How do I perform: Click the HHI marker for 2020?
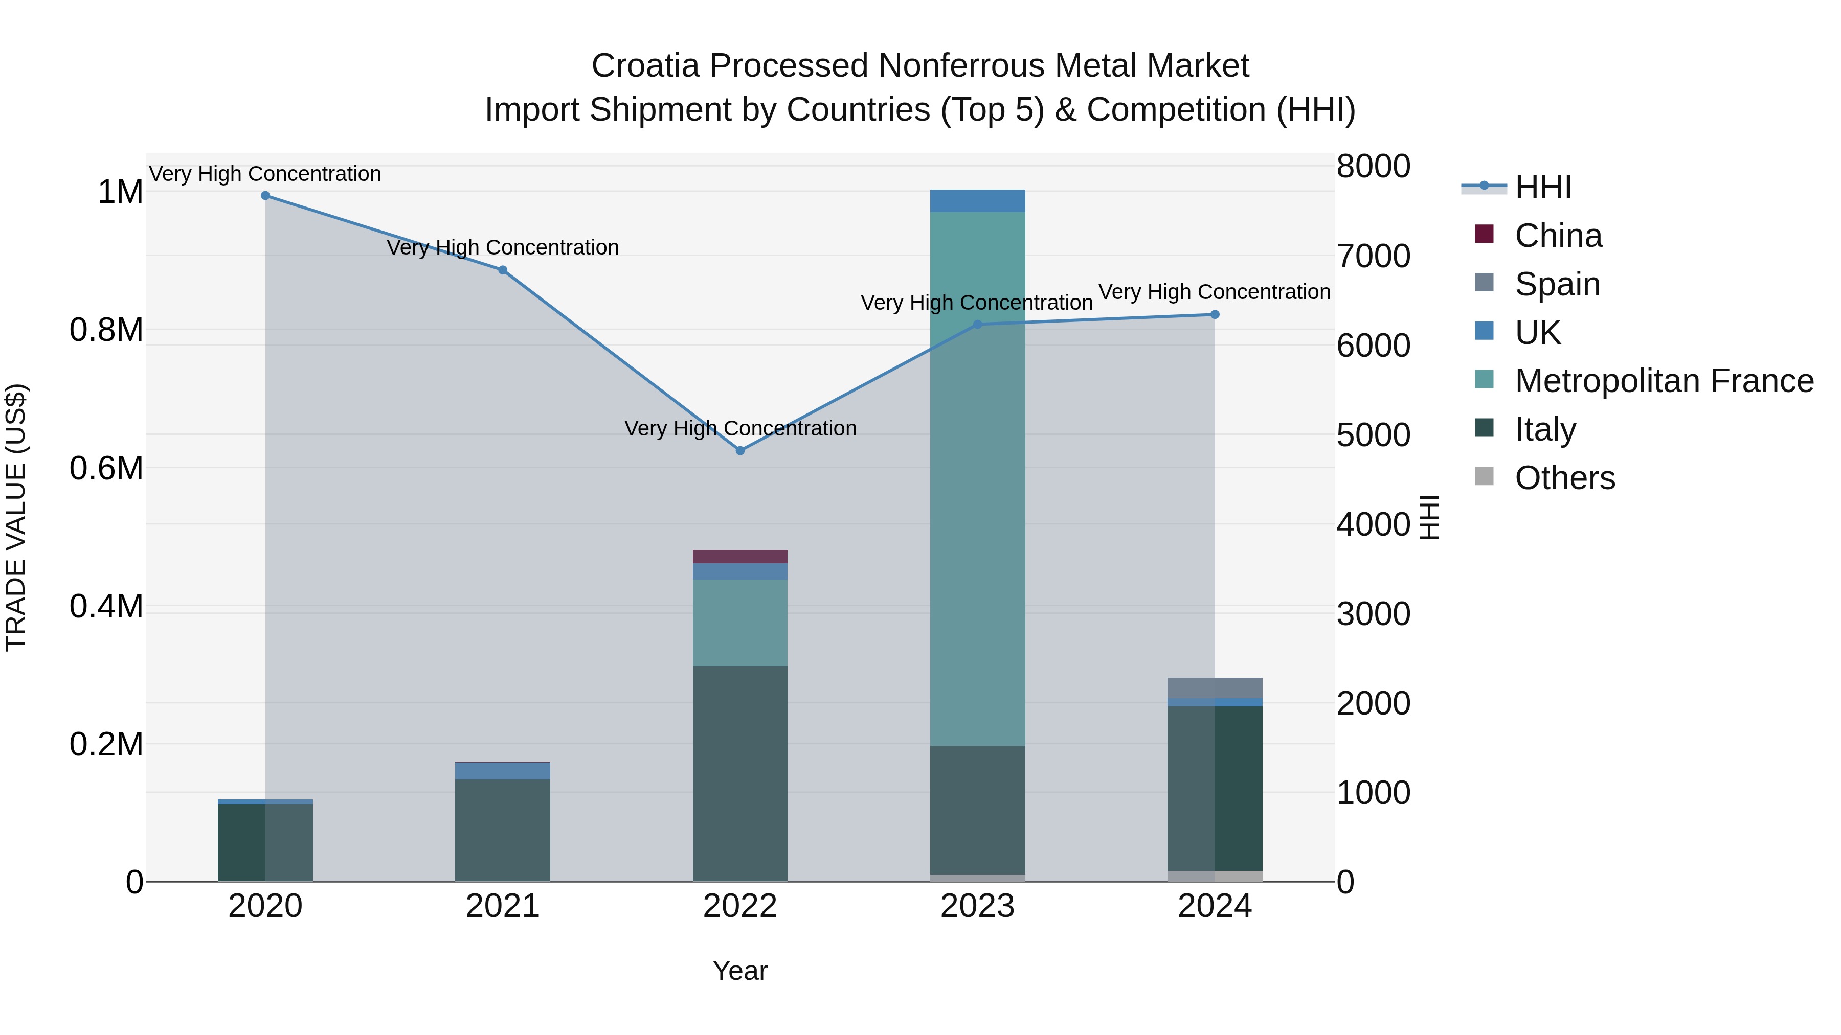pyautogui.click(x=265, y=196)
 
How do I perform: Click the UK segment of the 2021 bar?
pyautogui.click(x=502, y=771)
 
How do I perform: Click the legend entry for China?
pyautogui.click(x=1558, y=236)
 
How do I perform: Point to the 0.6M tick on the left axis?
pyautogui.click(x=106, y=469)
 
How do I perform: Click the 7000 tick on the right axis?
pyautogui.click(x=1373, y=257)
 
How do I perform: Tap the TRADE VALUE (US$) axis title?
pyautogui.click(x=16, y=517)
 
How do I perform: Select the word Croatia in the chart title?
pyautogui.click(x=645, y=66)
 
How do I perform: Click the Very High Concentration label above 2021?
pyautogui.click(x=502, y=248)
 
